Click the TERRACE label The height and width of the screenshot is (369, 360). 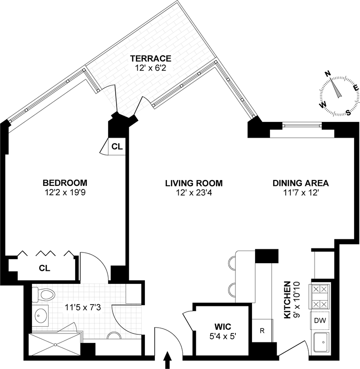click(x=151, y=58)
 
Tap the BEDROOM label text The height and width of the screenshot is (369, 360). click(x=65, y=183)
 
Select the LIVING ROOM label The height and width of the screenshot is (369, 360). click(x=194, y=183)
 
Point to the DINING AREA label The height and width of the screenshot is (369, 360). click(x=301, y=183)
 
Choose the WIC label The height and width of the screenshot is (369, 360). click(x=223, y=327)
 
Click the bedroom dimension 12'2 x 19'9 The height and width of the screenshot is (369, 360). click(x=65, y=193)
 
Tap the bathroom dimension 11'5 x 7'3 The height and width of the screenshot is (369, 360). click(x=83, y=307)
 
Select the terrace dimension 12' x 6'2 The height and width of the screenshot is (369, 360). click(x=151, y=68)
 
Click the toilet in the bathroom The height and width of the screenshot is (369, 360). click(x=44, y=294)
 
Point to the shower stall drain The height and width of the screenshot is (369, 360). click(x=55, y=345)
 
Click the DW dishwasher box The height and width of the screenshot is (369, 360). click(x=320, y=320)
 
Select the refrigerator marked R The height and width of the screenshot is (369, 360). click(x=262, y=331)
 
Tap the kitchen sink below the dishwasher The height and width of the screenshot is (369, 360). click(x=320, y=342)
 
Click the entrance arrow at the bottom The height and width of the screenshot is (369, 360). click(x=167, y=360)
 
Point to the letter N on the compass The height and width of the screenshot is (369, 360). click(x=328, y=74)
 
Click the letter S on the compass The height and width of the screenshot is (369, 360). click(x=349, y=112)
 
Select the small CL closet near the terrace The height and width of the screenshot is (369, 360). click(x=117, y=147)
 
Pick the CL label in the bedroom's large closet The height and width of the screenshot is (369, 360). click(x=45, y=268)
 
